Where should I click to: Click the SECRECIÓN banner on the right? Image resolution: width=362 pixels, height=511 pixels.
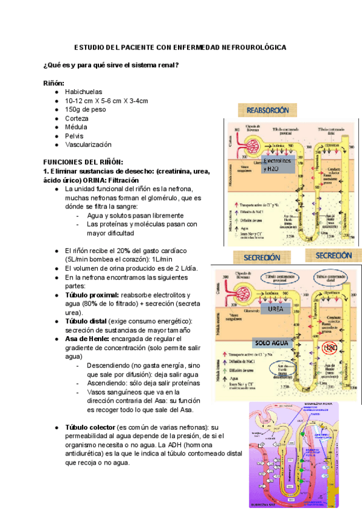333,255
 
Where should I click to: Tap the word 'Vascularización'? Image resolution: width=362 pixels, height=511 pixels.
88,145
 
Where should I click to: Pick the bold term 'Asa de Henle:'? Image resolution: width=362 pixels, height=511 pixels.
87,339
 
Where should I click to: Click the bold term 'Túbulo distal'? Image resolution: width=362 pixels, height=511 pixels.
86,322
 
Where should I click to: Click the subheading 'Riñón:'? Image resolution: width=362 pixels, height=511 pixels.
54,83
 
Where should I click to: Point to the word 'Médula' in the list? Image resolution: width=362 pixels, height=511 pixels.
76,127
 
